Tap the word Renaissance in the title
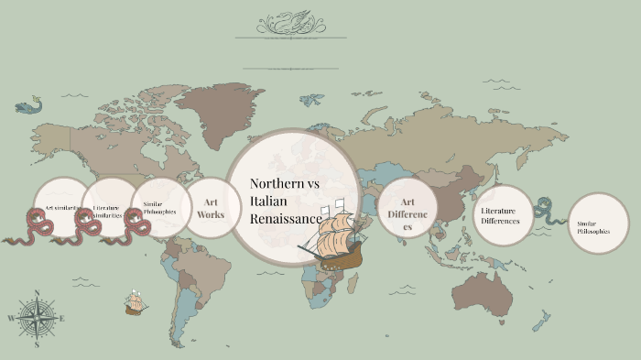click(x=285, y=219)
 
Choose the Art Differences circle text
click(x=407, y=213)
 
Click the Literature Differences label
click(x=502, y=215)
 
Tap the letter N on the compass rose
click(x=37, y=293)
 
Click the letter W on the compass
click(x=11, y=319)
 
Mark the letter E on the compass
click(x=62, y=319)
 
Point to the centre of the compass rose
click(x=37, y=319)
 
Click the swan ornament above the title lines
click(x=290, y=22)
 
